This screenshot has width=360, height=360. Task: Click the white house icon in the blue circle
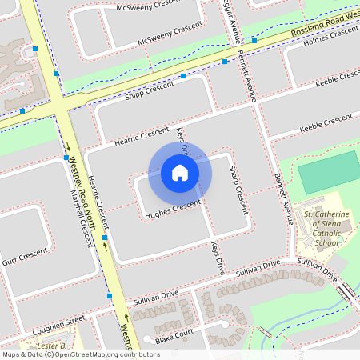tap(180, 172)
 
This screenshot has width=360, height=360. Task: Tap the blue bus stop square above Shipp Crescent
tap(183, 76)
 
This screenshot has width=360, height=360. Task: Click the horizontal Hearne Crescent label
tap(143, 134)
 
